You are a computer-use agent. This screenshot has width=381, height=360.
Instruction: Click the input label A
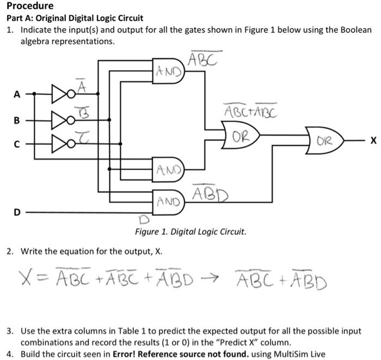click(16, 94)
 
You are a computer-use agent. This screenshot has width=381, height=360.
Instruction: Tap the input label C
click(16, 145)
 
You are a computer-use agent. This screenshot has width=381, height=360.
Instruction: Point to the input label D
click(16, 212)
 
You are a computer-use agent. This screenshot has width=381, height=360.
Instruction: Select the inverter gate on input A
click(59, 94)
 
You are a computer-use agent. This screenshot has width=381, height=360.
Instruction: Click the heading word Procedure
click(30, 6)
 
